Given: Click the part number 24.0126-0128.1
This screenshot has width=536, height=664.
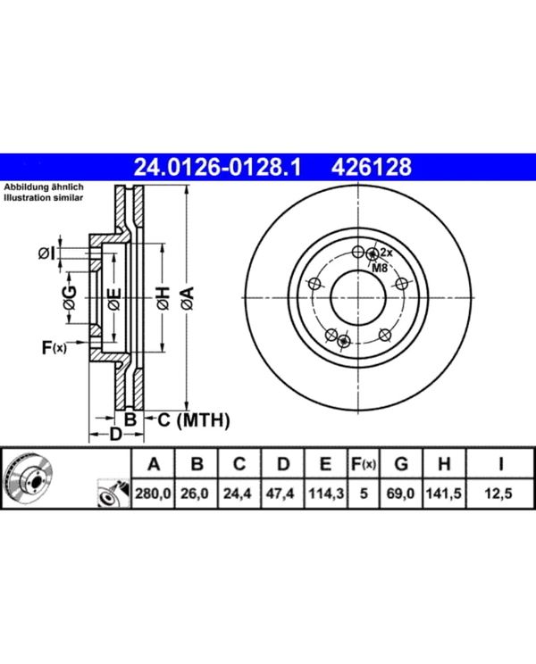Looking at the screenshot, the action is point(217,167).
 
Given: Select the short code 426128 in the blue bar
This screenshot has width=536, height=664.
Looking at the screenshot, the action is point(371,167).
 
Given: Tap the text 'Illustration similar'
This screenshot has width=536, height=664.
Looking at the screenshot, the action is point(44,198).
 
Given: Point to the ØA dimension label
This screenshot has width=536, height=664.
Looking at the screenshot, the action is point(188,298).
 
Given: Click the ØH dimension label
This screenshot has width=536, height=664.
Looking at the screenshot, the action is point(163,298).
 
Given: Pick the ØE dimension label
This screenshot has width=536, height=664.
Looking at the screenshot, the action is point(114,299).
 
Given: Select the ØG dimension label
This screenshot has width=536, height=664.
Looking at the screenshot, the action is point(69,298).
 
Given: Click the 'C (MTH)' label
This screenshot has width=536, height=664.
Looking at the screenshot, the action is point(194,420).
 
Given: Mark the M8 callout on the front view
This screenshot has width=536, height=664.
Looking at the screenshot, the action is point(380,268).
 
